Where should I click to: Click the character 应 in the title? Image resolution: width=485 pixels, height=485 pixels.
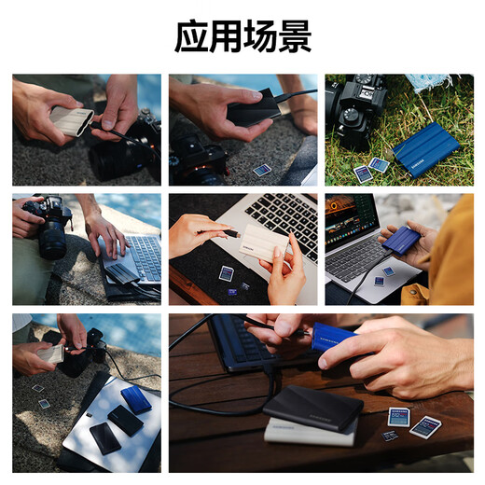click(191, 36)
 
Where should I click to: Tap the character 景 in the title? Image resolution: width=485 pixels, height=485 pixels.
click(295, 36)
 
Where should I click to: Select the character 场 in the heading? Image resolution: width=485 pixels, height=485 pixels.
click(260, 36)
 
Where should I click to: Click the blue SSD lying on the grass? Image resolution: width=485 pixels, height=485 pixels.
click(426, 149)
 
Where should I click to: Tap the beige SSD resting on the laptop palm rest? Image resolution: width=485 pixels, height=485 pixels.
click(264, 242)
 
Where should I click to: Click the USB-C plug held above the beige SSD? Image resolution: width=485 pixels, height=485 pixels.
click(232, 233)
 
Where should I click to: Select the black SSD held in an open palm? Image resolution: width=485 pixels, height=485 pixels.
click(254, 108)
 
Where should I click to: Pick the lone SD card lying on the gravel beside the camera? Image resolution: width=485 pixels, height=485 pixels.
click(262, 170)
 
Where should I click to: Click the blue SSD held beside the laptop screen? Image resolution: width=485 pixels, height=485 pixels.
click(401, 241)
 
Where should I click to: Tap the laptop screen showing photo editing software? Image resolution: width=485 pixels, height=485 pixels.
click(351, 219)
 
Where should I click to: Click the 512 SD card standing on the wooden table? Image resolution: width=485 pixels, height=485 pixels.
click(398, 417)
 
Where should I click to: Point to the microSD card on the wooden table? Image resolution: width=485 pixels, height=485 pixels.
click(390, 435)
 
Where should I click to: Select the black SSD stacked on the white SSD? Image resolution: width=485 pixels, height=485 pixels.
click(313, 407)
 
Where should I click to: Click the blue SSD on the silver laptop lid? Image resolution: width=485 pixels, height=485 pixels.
click(136, 400)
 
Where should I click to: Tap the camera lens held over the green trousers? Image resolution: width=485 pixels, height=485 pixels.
click(52, 238)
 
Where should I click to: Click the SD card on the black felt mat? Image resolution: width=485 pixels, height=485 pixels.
click(227, 273)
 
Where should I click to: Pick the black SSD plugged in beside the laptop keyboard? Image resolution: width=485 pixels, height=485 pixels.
click(122, 273)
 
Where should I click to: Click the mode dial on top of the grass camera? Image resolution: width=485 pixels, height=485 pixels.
click(351, 113)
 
